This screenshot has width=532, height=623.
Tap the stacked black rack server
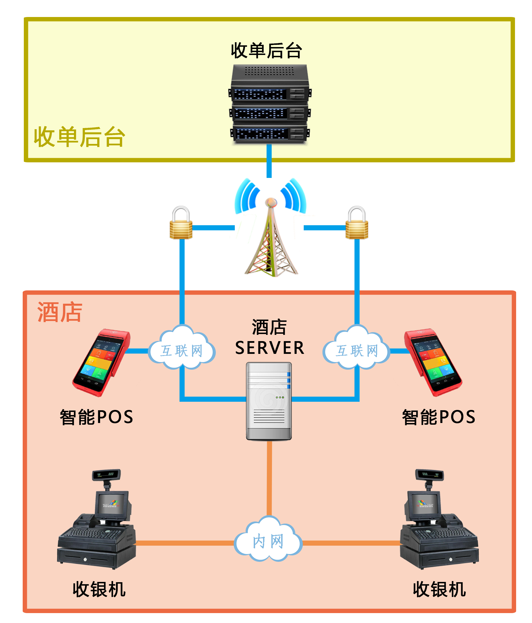[x=270, y=104]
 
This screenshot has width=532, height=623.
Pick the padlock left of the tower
[x=181, y=223]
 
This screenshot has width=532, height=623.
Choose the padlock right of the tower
[x=356, y=223]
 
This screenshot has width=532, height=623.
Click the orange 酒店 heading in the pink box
[x=60, y=312]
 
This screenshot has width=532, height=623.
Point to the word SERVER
[x=270, y=348]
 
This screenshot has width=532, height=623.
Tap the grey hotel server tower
[x=269, y=401]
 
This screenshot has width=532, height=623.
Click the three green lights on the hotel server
[x=280, y=397]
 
